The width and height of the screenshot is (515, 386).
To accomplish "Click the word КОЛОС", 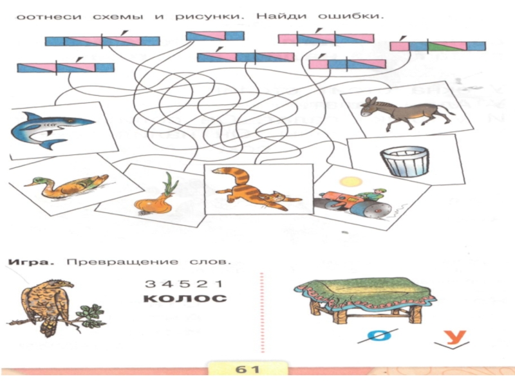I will tap(185, 299).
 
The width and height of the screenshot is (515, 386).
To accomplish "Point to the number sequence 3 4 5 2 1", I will tap(184, 284).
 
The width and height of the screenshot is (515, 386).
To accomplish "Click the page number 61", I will tap(247, 369).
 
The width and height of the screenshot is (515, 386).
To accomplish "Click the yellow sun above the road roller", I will tap(348, 183).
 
